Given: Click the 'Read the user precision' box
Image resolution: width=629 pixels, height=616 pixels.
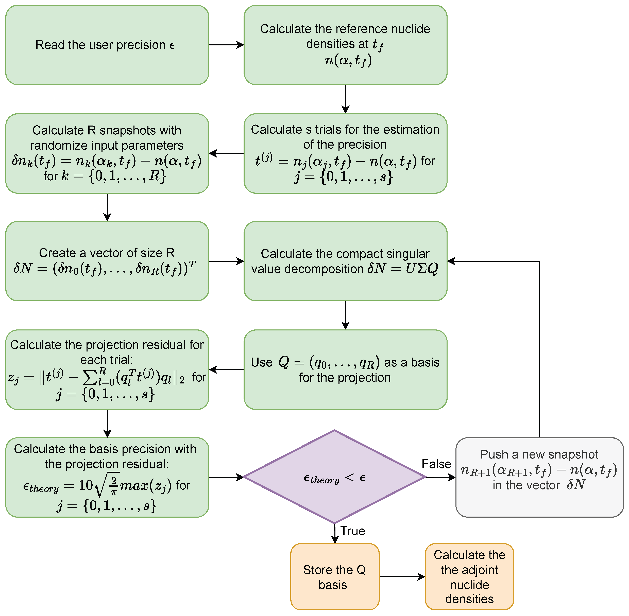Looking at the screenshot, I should click(x=107, y=45).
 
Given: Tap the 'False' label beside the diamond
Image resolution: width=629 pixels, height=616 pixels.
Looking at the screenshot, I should click(x=436, y=464).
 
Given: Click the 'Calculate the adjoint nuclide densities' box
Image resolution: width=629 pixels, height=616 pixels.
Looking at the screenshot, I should click(x=469, y=577).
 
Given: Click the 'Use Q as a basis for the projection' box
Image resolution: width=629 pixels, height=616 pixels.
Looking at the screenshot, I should click(x=345, y=369).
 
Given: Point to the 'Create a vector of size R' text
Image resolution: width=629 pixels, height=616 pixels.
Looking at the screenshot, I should click(x=107, y=253).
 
